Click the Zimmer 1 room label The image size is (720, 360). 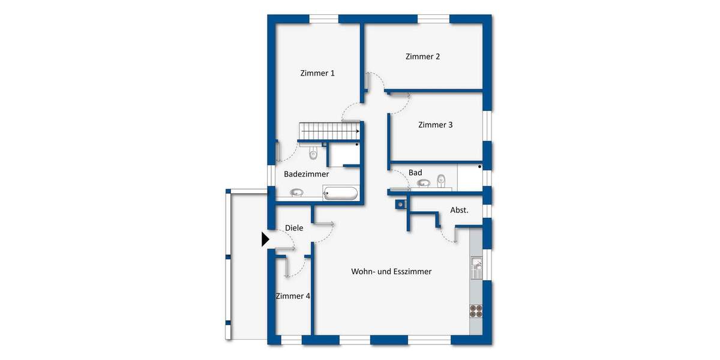click(x=317, y=73)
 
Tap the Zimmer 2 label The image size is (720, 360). click(x=422, y=57)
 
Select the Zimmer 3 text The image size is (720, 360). click(x=435, y=125)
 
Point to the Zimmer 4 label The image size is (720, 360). click(x=292, y=296)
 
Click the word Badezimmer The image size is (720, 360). click(x=306, y=174)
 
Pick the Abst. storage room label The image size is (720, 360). click(x=459, y=210)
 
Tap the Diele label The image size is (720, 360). click(x=294, y=228)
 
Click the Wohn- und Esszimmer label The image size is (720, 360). click(x=391, y=272)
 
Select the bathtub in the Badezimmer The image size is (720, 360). click(x=340, y=193)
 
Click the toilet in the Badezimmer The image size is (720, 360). click(x=313, y=155)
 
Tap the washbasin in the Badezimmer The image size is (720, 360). click(x=297, y=193)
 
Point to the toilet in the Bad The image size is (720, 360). click(x=442, y=179)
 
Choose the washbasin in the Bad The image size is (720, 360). click(x=424, y=183)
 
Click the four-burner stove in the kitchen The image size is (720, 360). click(x=476, y=310)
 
